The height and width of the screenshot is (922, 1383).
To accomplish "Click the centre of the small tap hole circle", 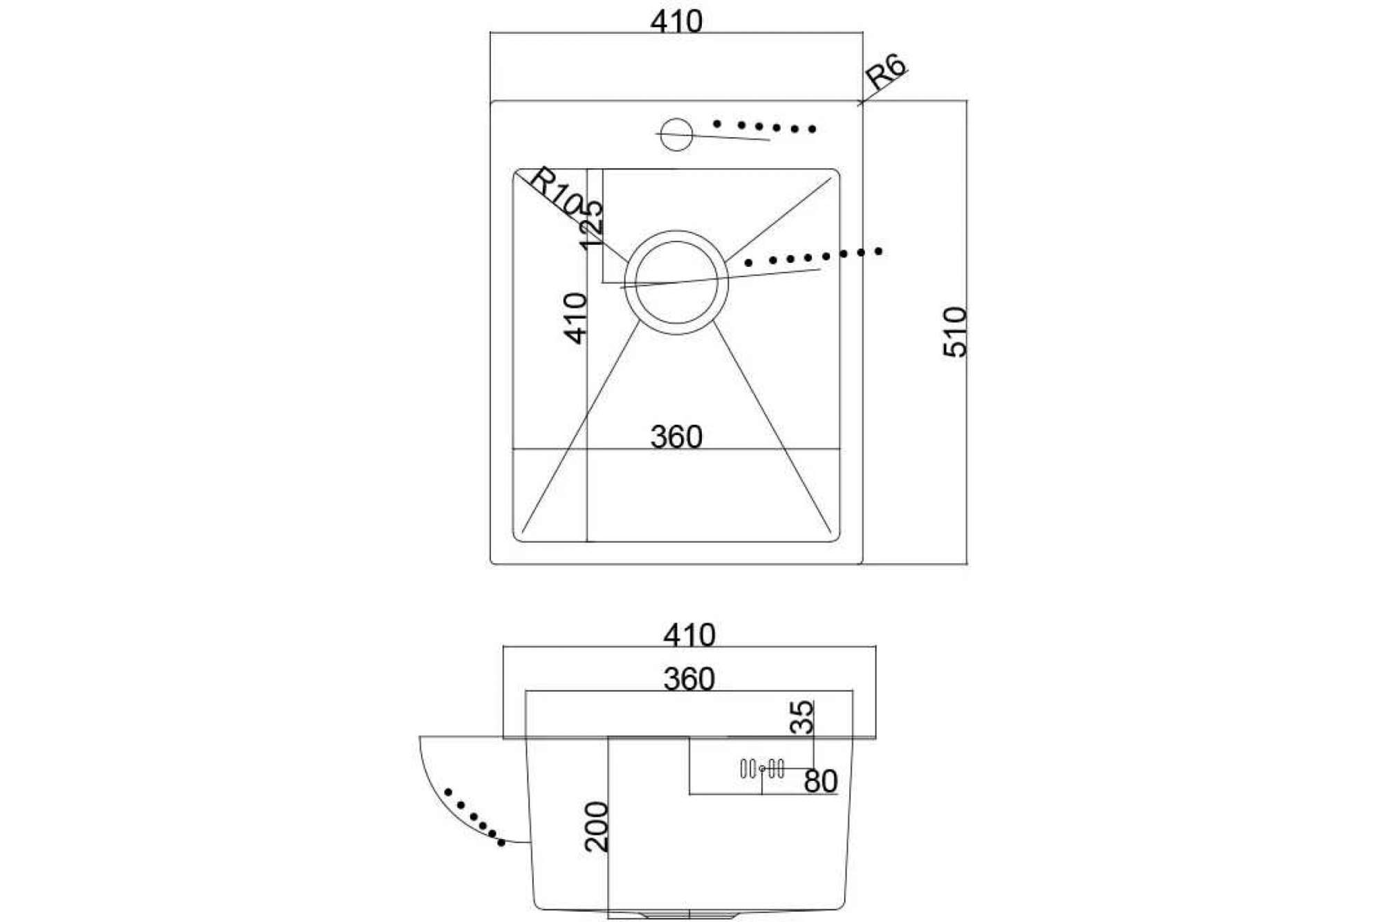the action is coord(676,134).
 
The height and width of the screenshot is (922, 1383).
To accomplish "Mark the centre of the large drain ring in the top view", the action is coord(676,282).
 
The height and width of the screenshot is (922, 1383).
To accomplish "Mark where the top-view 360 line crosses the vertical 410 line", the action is coord(587,449).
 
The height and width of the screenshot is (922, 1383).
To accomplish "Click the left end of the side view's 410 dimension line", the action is coord(503,647).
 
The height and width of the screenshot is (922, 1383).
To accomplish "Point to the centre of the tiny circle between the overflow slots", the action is coord(762,768).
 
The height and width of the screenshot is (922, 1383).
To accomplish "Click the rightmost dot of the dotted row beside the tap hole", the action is coord(813,129).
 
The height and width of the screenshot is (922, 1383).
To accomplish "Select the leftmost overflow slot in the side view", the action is coord(743,768).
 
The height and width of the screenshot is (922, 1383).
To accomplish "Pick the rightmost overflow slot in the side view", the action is coord(781,768).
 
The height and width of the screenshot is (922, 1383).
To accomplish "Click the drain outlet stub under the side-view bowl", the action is coord(688,913).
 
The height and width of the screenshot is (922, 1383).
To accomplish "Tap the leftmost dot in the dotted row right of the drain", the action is coord(748,263).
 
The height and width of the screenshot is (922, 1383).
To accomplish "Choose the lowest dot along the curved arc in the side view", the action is coord(501,842).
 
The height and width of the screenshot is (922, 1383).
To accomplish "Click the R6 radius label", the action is coord(885,72).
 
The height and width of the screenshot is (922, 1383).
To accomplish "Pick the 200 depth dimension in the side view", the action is coord(596,827).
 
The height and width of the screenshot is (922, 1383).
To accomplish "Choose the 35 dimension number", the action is coord(802,717).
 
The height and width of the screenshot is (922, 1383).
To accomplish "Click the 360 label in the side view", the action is coord(689,679).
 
